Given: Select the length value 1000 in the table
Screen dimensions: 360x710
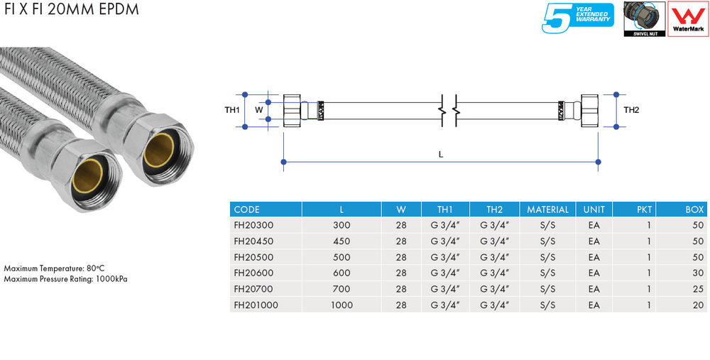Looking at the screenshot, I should [342, 305].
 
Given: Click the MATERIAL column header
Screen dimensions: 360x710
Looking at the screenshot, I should [547, 209].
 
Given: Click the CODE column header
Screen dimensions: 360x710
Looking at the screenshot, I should [247, 209].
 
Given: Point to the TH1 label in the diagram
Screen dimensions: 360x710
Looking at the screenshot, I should [231, 110].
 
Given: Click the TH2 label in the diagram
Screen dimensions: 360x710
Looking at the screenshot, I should [631, 110].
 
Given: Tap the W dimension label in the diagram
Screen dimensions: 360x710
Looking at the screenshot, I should [259, 110].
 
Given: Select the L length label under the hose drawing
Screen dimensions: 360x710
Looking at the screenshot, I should [440, 154].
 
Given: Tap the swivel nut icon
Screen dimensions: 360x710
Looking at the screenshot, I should [643, 18].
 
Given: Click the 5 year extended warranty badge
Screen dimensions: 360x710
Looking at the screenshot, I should [577, 18].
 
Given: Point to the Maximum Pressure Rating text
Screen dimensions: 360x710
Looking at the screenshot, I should [65, 279].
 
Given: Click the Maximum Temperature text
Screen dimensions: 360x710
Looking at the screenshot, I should [55, 269].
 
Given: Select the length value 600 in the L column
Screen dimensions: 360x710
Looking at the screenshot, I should [342, 273].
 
